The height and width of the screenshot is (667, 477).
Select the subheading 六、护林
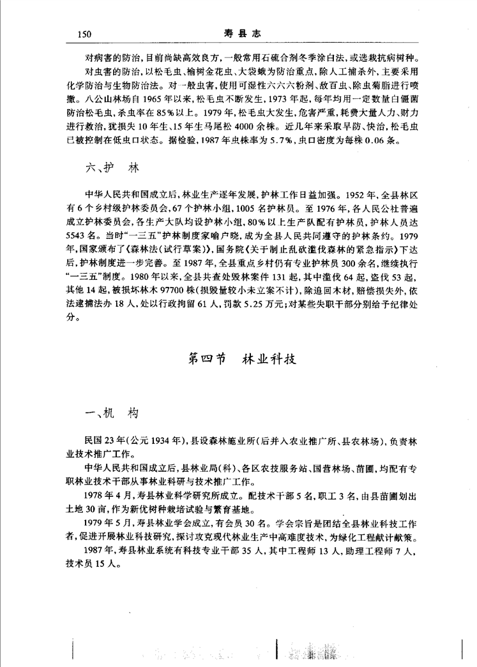[x=112, y=170]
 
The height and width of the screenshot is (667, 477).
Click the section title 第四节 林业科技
[x=241, y=359]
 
